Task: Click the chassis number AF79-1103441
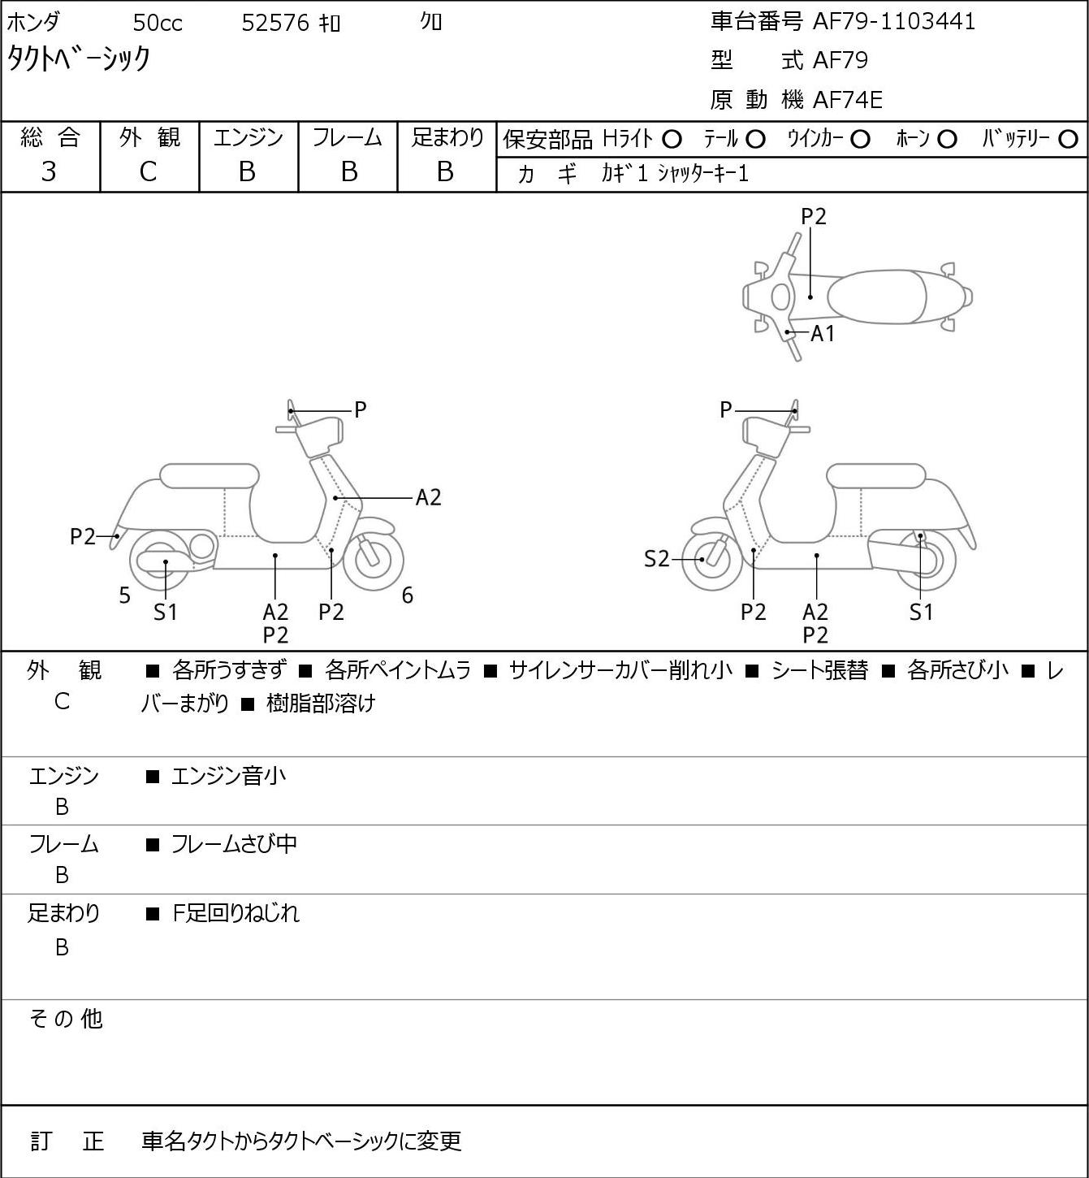pos(894,22)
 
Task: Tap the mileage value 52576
pos(275,23)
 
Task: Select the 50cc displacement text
pos(158,23)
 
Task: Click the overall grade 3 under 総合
pos(49,172)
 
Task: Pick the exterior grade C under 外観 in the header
pos(148,172)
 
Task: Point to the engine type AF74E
pos(848,100)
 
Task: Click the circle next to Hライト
pos(672,140)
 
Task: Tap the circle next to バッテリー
pos(1068,140)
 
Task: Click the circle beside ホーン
pos(947,140)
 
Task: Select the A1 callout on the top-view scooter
pos(823,334)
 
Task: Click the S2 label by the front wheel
pos(657,559)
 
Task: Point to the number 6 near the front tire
pos(408,595)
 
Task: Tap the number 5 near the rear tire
pos(124,595)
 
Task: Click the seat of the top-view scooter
pos(876,297)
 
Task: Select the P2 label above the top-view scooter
pos(814,216)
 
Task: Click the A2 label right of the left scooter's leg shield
pos(428,498)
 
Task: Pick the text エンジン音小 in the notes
pos(228,776)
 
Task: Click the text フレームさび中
pos(234,844)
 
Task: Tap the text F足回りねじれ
pos(236,913)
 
